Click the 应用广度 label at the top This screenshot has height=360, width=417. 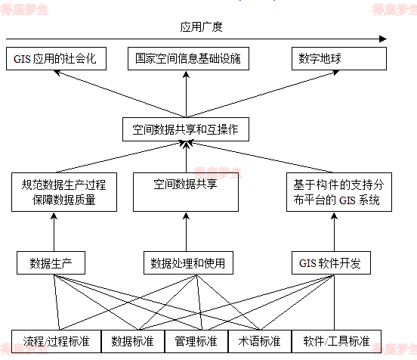(203, 26)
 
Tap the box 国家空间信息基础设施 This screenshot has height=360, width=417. (187, 59)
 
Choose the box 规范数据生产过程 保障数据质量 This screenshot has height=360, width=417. (63, 192)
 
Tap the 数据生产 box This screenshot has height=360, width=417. (51, 263)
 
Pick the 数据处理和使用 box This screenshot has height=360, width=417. (187, 263)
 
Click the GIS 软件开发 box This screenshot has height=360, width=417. (330, 263)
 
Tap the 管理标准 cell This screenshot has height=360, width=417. (196, 340)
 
